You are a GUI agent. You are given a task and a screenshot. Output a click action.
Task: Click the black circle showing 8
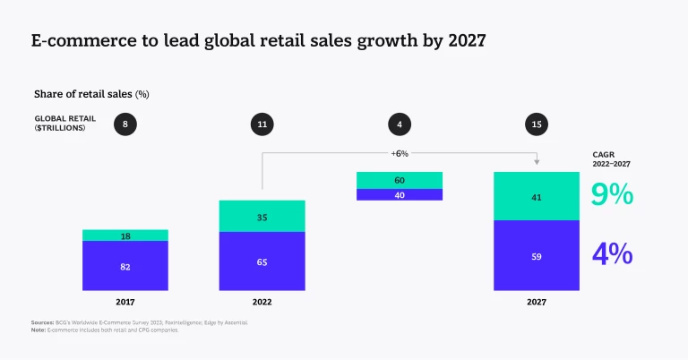tap(125, 124)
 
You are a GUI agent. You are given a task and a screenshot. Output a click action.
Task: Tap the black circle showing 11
tap(262, 124)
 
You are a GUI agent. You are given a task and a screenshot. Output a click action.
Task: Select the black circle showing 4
tap(400, 124)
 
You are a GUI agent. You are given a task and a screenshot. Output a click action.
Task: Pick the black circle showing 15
tap(537, 124)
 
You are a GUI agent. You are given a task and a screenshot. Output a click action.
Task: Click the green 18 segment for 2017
tap(125, 236)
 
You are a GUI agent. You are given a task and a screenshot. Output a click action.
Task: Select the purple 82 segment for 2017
tap(125, 266)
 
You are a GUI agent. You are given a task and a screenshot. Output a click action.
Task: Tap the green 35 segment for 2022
tap(262, 217)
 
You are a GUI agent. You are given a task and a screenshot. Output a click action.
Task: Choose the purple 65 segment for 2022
tap(262, 262)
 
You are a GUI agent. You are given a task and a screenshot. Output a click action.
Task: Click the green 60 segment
tap(400, 180)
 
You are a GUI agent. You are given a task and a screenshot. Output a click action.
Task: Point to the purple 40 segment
tap(400, 194)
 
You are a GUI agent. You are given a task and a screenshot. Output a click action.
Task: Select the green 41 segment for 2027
tap(537, 196)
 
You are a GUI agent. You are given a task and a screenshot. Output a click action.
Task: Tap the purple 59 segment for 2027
tap(537, 255)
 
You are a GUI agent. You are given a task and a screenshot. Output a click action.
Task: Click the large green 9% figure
tap(613, 194)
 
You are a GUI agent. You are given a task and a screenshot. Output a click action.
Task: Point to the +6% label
tap(400, 153)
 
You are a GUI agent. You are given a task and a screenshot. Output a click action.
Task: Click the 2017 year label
tap(125, 303)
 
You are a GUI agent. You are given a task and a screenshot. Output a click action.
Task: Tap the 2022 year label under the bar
tap(262, 303)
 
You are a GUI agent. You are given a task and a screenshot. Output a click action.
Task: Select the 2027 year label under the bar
tap(537, 303)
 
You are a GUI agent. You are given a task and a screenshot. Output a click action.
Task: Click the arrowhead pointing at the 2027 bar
tap(537, 162)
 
